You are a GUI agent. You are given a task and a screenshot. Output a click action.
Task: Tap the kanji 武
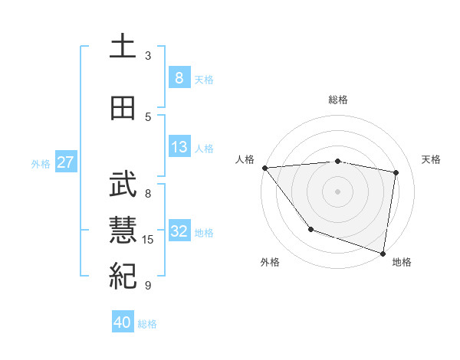tap(123, 183)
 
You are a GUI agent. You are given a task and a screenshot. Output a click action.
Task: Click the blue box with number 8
tap(179, 78)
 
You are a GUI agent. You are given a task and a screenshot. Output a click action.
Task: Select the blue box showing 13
tap(179, 147)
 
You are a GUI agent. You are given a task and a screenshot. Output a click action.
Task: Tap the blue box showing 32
tap(179, 232)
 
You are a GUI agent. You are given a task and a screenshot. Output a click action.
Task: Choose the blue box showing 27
tap(65, 162)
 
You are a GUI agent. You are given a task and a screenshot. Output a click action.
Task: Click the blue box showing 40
tap(123, 322)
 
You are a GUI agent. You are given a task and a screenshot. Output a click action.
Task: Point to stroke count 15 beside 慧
tap(148, 240)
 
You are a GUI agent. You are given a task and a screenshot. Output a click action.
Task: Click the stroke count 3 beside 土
tap(148, 56)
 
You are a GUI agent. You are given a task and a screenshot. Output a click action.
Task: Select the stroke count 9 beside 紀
tap(148, 286)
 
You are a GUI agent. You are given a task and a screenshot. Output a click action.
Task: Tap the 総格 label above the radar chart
tap(337, 100)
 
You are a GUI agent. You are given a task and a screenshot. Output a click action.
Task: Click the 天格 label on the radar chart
tap(431, 159)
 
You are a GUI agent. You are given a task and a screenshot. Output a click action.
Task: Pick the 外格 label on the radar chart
tap(270, 262)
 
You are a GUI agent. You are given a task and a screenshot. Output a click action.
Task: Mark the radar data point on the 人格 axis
tap(264, 168)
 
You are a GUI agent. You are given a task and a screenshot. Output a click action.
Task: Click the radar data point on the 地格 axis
tap(383, 253)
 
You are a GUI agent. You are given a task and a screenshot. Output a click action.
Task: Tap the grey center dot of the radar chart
tap(337, 191)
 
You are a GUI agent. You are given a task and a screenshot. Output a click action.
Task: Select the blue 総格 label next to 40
tap(147, 324)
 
